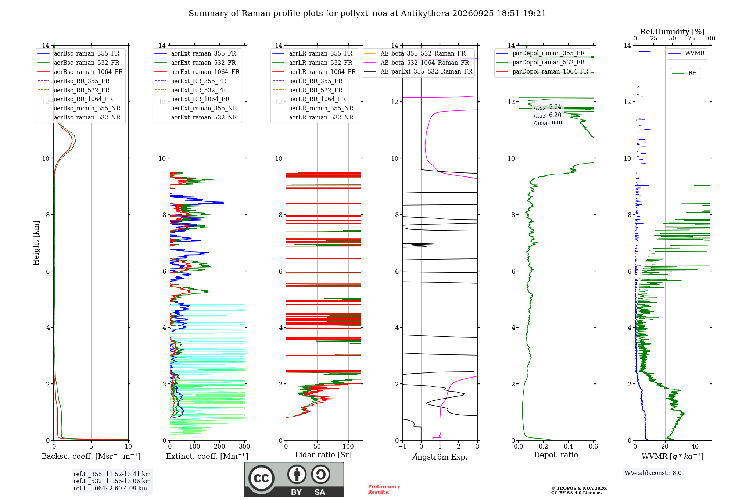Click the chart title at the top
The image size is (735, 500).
(x=367, y=14)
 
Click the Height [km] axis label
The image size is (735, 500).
(x=36, y=243)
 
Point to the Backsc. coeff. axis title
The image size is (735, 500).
(x=91, y=456)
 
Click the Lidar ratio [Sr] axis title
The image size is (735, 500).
(x=323, y=455)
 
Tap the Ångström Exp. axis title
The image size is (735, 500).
(x=440, y=457)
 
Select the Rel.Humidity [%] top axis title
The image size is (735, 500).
(x=673, y=32)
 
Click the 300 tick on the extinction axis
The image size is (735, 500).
(x=245, y=446)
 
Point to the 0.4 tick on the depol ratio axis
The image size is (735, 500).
(x=569, y=446)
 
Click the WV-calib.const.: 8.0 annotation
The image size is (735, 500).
(x=653, y=473)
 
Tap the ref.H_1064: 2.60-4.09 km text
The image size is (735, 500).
(x=110, y=489)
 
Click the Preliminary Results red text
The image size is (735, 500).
(x=384, y=489)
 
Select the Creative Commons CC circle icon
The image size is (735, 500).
(x=261, y=478)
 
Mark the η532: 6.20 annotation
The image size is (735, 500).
(x=548, y=115)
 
